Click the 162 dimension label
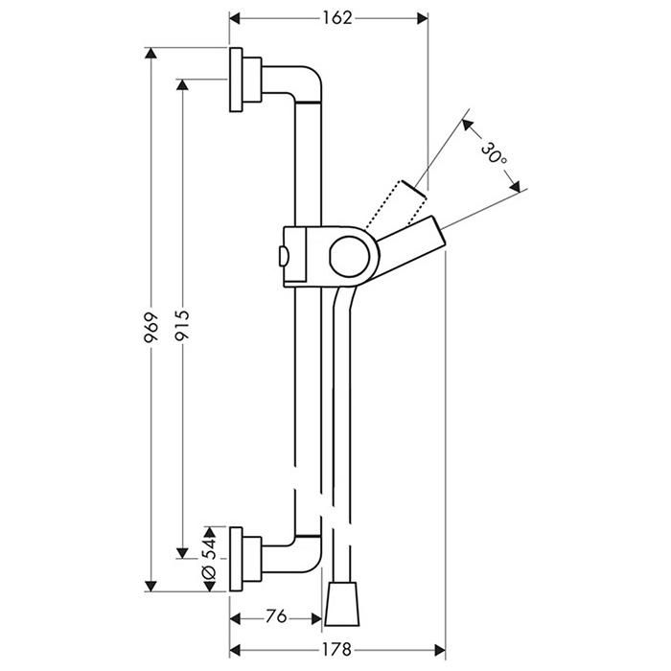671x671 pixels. pyautogui.click(x=337, y=18)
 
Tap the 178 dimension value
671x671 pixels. pyautogui.click(x=336, y=650)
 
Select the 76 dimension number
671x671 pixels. pyautogui.click(x=276, y=616)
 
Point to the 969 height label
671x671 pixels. pyautogui.click(x=151, y=328)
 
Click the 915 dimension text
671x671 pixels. pyautogui.click(x=182, y=326)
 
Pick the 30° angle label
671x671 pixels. pyautogui.click(x=494, y=153)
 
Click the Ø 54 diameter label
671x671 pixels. pyautogui.click(x=210, y=559)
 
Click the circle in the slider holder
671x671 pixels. pyautogui.click(x=350, y=256)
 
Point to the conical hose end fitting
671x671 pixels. pyautogui.click(x=342, y=603)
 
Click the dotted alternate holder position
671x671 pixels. pyautogui.click(x=396, y=203)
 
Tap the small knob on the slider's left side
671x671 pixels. pyautogui.click(x=284, y=257)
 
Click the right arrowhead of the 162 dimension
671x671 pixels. pyautogui.click(x=423, y=18)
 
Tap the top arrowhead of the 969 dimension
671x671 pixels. pyautogui.click(x=150, y=53)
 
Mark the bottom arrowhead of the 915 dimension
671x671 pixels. pyautogui.click(x=182, y=553)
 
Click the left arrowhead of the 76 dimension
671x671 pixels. pyautogui.click(x=236, y=618)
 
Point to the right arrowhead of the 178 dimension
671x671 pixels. pyautogui.click(x=440, y=651)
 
